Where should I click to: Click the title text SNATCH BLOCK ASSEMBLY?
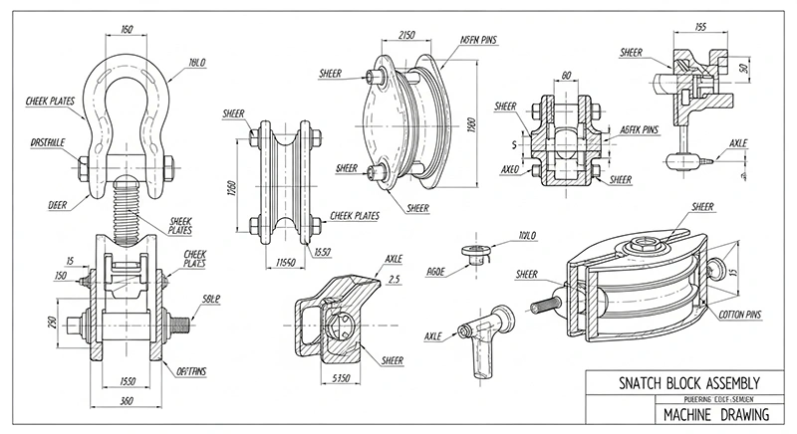click(678, 382)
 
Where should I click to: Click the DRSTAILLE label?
click(48, 142)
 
